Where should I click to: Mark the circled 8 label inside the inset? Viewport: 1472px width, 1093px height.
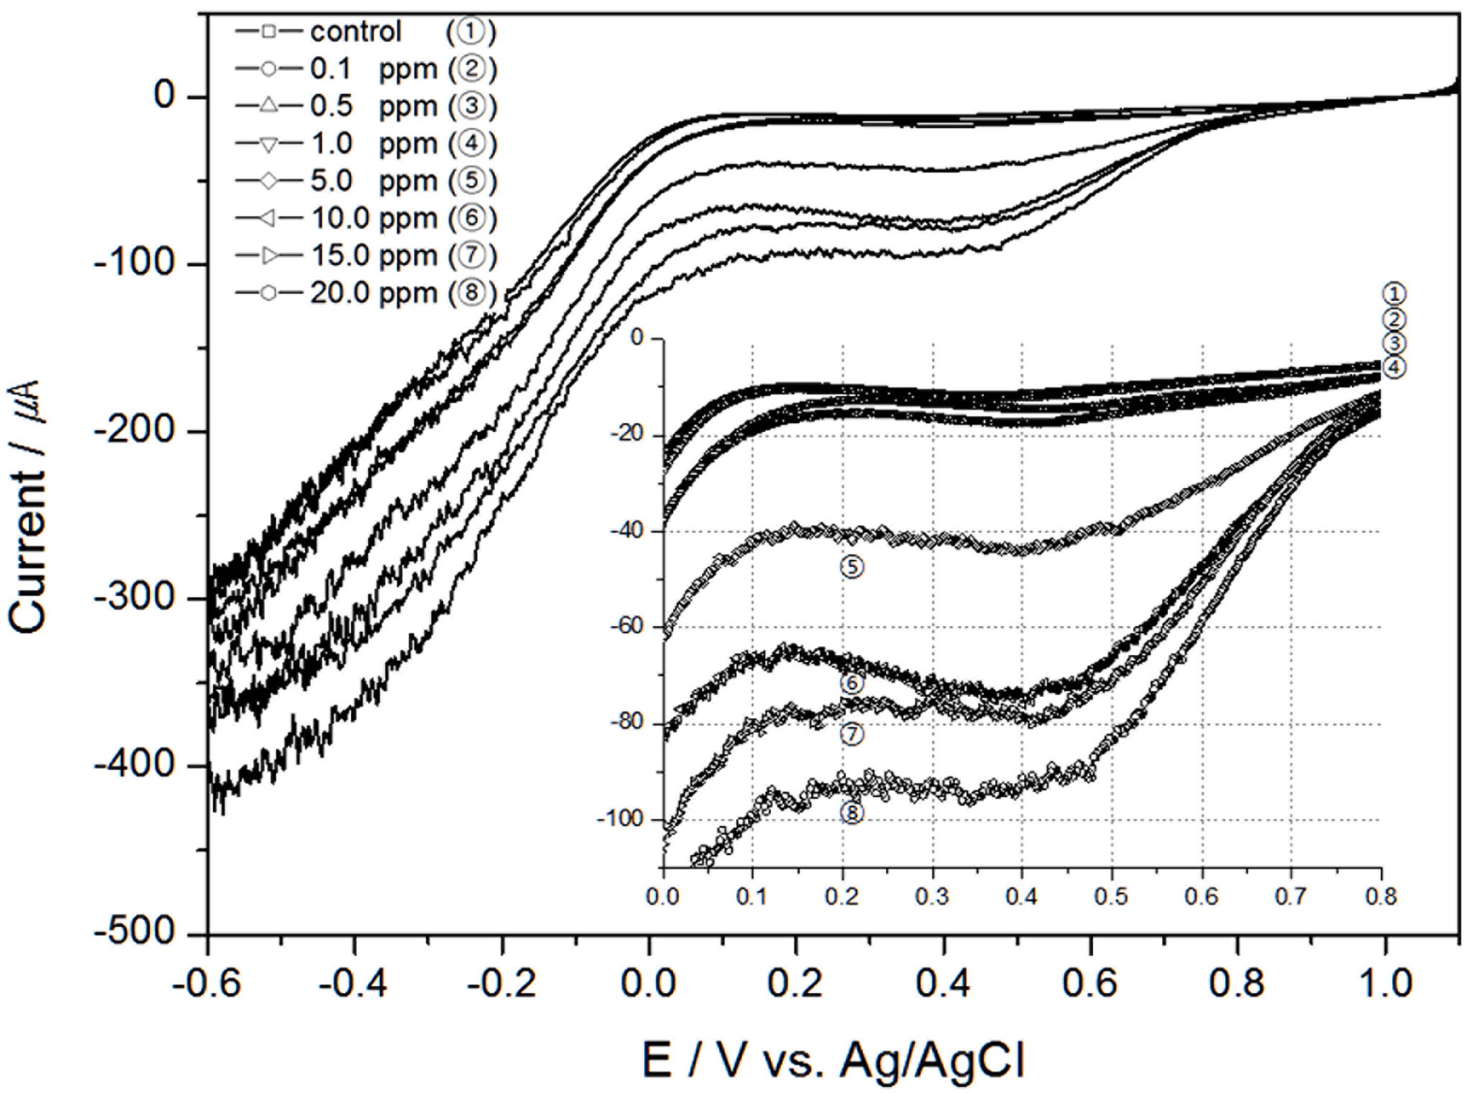pyautogui.click(x=852, y=813)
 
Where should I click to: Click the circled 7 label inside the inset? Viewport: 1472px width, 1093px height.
pyautogui.click(x=852, y=734)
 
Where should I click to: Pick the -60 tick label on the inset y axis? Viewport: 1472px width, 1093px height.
pyautogui.click(x=628, y=627)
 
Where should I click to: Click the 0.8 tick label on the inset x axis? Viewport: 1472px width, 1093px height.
pyautogui.click(x=1381, y=897)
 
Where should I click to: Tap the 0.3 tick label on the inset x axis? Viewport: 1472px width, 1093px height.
pyautogui.click(x=932, y=897)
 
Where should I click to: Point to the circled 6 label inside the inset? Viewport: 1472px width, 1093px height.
pyautogui.click(x=852, y=683)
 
